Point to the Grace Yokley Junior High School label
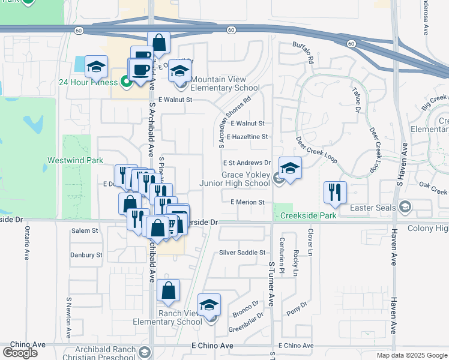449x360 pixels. tap(246, 179)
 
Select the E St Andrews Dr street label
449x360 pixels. tap(247, 163)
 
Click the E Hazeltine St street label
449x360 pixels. tap(247, 137)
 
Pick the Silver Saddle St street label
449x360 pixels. tap(242, 253)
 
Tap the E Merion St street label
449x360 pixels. tap(247, 203)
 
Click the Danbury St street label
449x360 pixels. tap(86, 255)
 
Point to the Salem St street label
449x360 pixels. tap(85, 230)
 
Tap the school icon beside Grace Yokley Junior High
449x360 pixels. tap(289, 168)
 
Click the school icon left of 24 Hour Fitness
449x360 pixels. tap(96, 67)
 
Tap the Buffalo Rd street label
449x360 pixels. tap(304, 52)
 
